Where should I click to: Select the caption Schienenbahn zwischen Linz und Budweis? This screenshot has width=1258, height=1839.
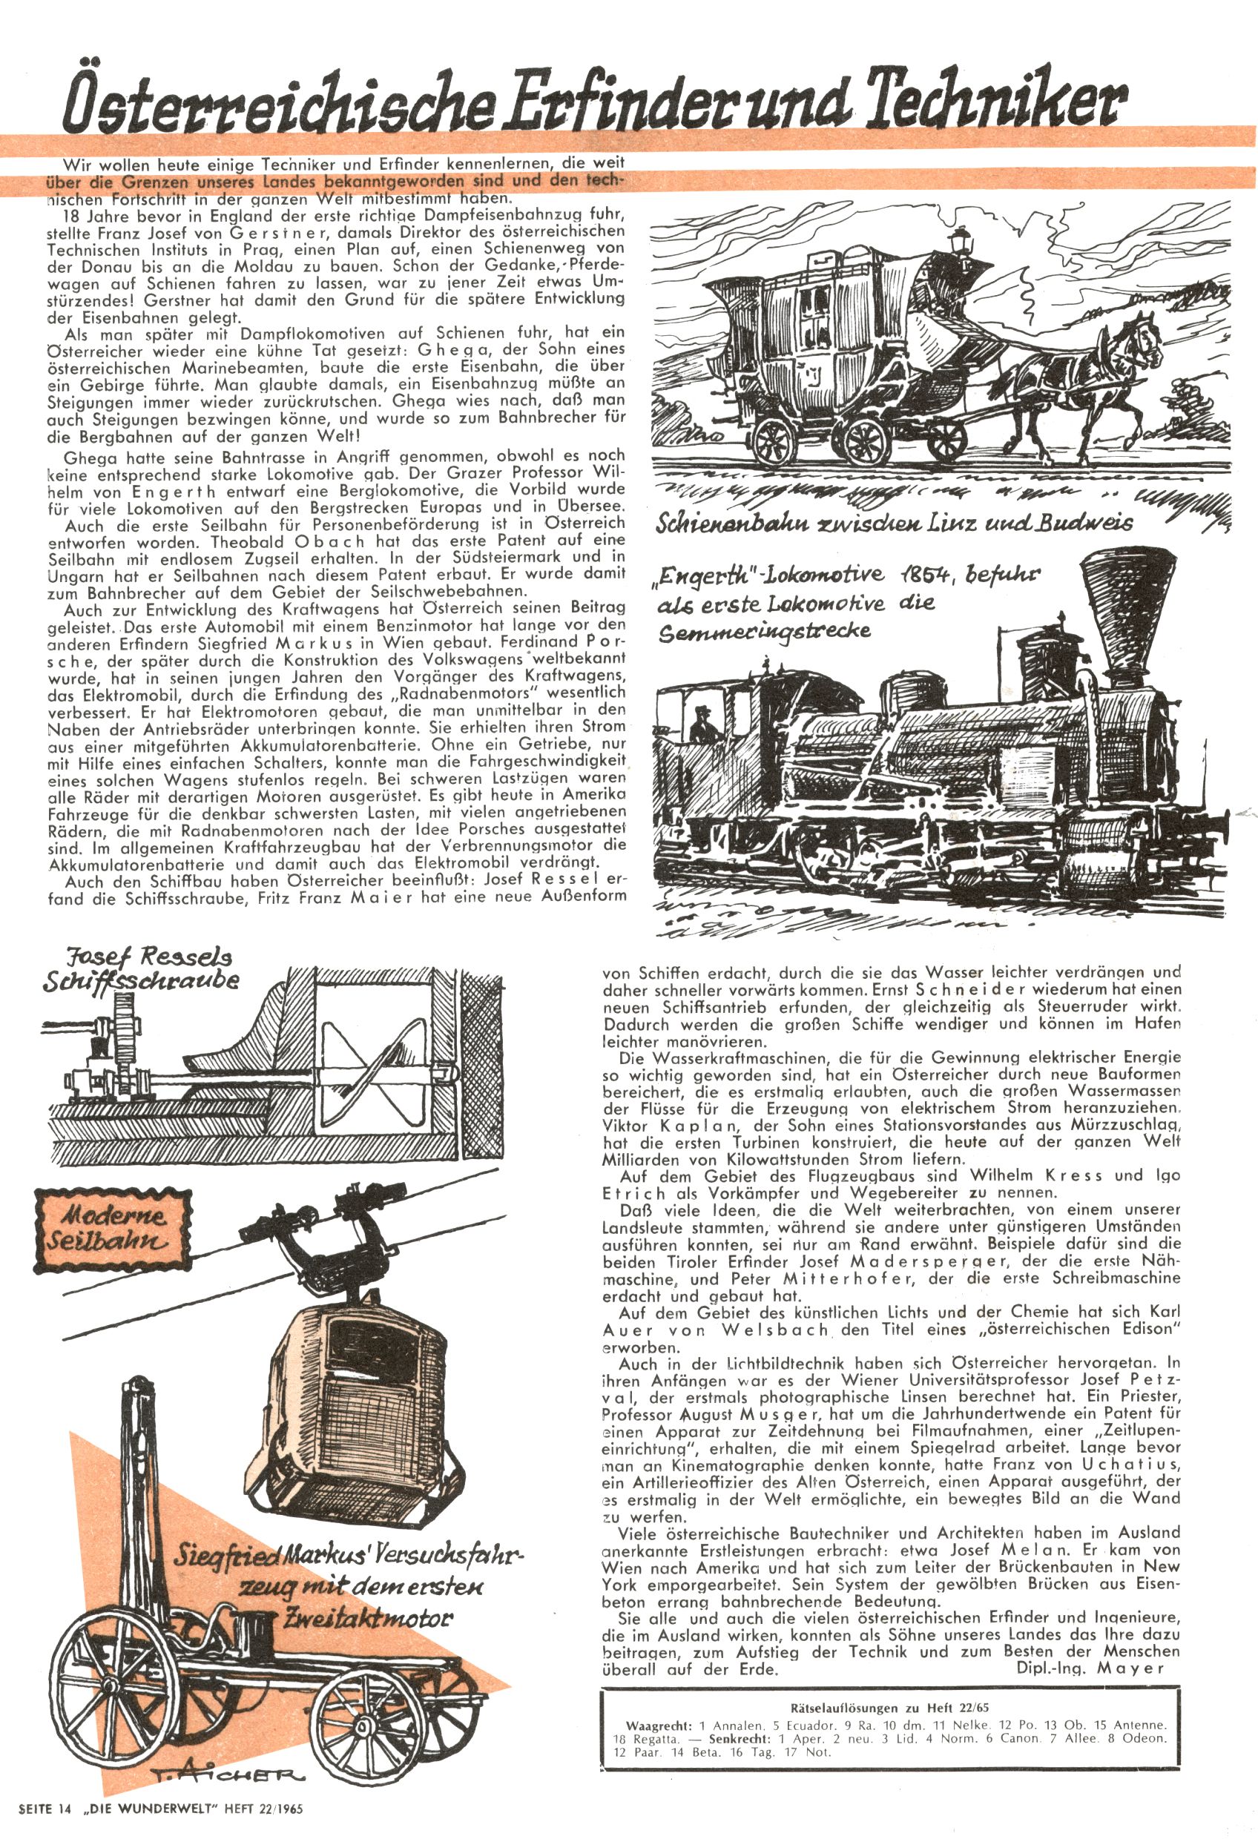coord(895,522)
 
